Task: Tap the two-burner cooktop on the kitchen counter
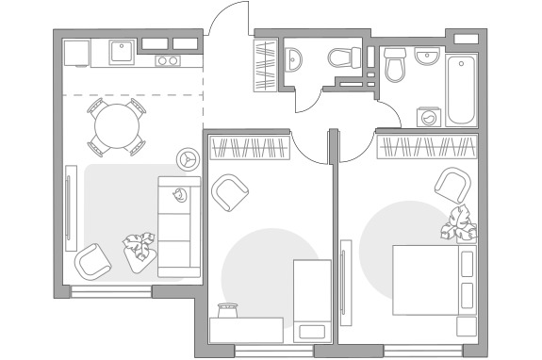168,61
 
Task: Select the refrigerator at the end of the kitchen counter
75,52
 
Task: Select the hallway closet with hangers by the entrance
266,63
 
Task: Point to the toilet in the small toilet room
343,57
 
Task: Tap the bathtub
462,90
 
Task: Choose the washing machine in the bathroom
430,117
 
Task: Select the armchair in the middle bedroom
230,193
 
